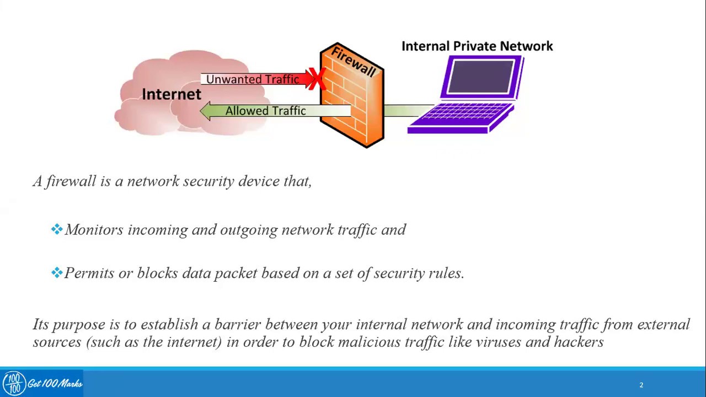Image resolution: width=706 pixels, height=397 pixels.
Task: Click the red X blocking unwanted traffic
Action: [x=316, y=79]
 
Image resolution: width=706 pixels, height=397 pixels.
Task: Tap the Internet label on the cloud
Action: [x=172, y=94]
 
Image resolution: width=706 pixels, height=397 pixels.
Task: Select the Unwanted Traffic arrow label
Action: [x=253, y=79]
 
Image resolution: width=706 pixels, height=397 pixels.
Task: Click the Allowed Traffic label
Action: [x=265, y=111]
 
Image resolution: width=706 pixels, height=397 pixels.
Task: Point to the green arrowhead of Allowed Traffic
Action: [x=206, y=111]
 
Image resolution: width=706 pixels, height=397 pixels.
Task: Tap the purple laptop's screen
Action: [x=480, y=77]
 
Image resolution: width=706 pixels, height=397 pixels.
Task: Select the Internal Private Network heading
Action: [x=477, y=46]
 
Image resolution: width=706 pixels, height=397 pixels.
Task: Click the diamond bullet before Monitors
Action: [x=56, y=229]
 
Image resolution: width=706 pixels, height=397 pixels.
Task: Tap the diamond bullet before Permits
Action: [x=56, y=273]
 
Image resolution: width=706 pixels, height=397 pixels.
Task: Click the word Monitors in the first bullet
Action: [x=94, y=230]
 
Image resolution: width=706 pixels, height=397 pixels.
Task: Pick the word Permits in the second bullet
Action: [x=89, y=273]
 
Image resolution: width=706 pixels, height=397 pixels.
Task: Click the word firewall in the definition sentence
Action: [x=71, y=181]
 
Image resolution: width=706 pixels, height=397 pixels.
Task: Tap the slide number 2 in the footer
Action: [x=641, y=385]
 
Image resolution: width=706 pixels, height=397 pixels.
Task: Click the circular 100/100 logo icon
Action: [x=14, y=383]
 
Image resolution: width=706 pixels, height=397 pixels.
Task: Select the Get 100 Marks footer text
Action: [x=55, y=384]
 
